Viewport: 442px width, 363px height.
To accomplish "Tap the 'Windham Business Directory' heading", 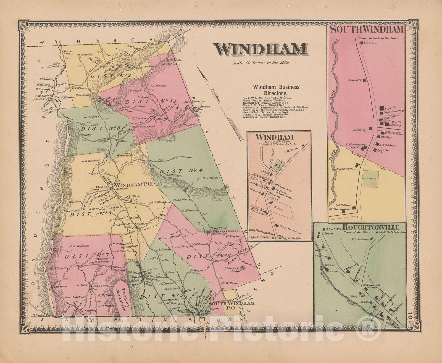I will coord(276,90).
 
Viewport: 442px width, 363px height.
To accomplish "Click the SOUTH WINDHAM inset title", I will coord(367,30).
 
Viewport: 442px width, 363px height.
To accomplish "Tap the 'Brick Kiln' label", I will coord(60,53).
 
